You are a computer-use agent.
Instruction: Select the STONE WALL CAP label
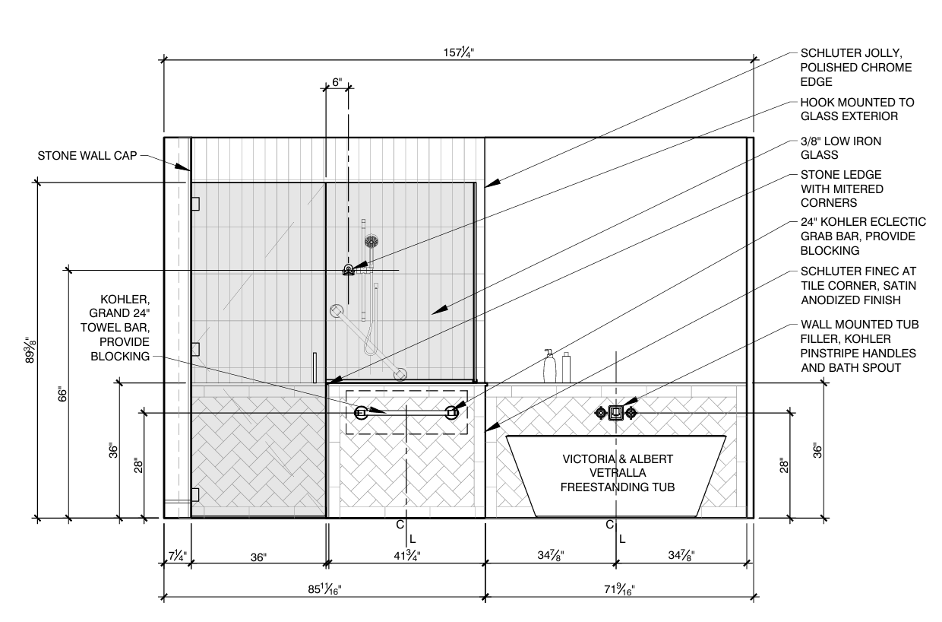pos(87,157)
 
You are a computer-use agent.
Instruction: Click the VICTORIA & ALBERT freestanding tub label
pos(617,472)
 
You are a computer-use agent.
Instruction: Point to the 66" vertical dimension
pos(63,394)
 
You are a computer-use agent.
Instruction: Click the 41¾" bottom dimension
pos(406,557)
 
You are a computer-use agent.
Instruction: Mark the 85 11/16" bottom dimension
pos(324,589)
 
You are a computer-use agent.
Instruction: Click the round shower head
pos(371,242)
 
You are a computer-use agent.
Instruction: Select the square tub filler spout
pos(616,413)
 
